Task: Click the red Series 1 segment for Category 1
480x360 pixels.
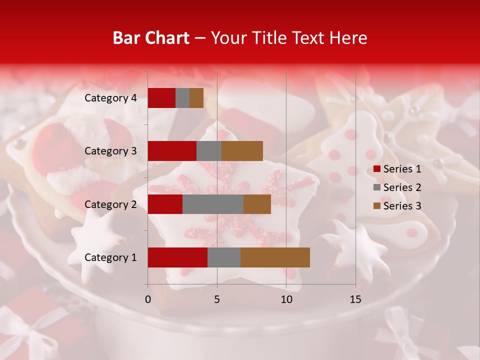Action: point(177,257)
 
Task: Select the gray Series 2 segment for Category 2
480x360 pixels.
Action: point(213,204)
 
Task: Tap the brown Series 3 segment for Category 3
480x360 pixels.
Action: point(242,151)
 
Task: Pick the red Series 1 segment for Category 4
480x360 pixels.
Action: point(161,98)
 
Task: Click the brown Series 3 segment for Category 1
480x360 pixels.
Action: point(275,257)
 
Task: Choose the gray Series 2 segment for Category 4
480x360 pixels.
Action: point(182,98)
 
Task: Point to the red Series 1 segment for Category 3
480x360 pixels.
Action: point(172,151)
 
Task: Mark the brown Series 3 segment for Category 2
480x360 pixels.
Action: point(257,204)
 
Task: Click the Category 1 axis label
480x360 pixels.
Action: point(110,257)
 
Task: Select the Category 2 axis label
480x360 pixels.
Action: point(110,204)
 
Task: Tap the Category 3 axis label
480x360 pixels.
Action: point(110,151)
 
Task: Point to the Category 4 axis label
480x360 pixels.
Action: point(110,98)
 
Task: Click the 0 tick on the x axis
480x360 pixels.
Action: point(148,299)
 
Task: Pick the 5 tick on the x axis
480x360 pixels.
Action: point(217,299)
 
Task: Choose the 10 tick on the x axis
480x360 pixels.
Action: point(286,299)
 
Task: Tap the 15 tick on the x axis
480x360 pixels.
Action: point(355,299)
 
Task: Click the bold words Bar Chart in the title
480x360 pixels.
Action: point(151,38)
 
